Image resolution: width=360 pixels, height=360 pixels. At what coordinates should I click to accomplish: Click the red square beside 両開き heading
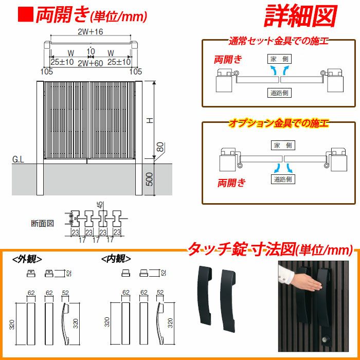pos(26,15)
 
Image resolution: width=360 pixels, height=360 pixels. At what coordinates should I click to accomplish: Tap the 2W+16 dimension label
pos(90,32)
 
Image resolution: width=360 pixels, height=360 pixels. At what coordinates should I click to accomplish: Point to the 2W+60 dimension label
pos(90,63)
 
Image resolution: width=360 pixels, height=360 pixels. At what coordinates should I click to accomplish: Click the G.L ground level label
pos(18,159)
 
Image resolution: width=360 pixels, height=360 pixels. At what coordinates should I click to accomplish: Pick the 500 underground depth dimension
pos(149,179)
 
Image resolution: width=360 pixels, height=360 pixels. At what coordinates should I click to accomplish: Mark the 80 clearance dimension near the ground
pos(161,147)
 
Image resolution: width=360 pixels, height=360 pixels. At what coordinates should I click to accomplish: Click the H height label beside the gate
pos(150,120)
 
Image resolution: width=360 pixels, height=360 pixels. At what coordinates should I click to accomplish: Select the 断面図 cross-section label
pos(43,223)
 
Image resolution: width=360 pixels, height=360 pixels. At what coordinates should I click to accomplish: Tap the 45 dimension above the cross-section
pos(100,205)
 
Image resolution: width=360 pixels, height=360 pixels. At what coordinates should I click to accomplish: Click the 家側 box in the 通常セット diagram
pos(279,59)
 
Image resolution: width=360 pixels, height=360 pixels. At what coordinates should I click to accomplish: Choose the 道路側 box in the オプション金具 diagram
pos(283,179)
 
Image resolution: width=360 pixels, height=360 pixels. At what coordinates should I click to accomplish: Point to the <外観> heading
pos(27,259)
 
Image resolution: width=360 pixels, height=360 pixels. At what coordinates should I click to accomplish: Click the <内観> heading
pos(116,259)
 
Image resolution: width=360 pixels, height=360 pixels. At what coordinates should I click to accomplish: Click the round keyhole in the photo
pos(326,339)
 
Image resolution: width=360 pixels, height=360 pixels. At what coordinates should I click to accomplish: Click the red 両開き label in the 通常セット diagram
pos(228,59)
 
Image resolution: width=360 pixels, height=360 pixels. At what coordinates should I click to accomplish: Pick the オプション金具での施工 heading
pos(279,123)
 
